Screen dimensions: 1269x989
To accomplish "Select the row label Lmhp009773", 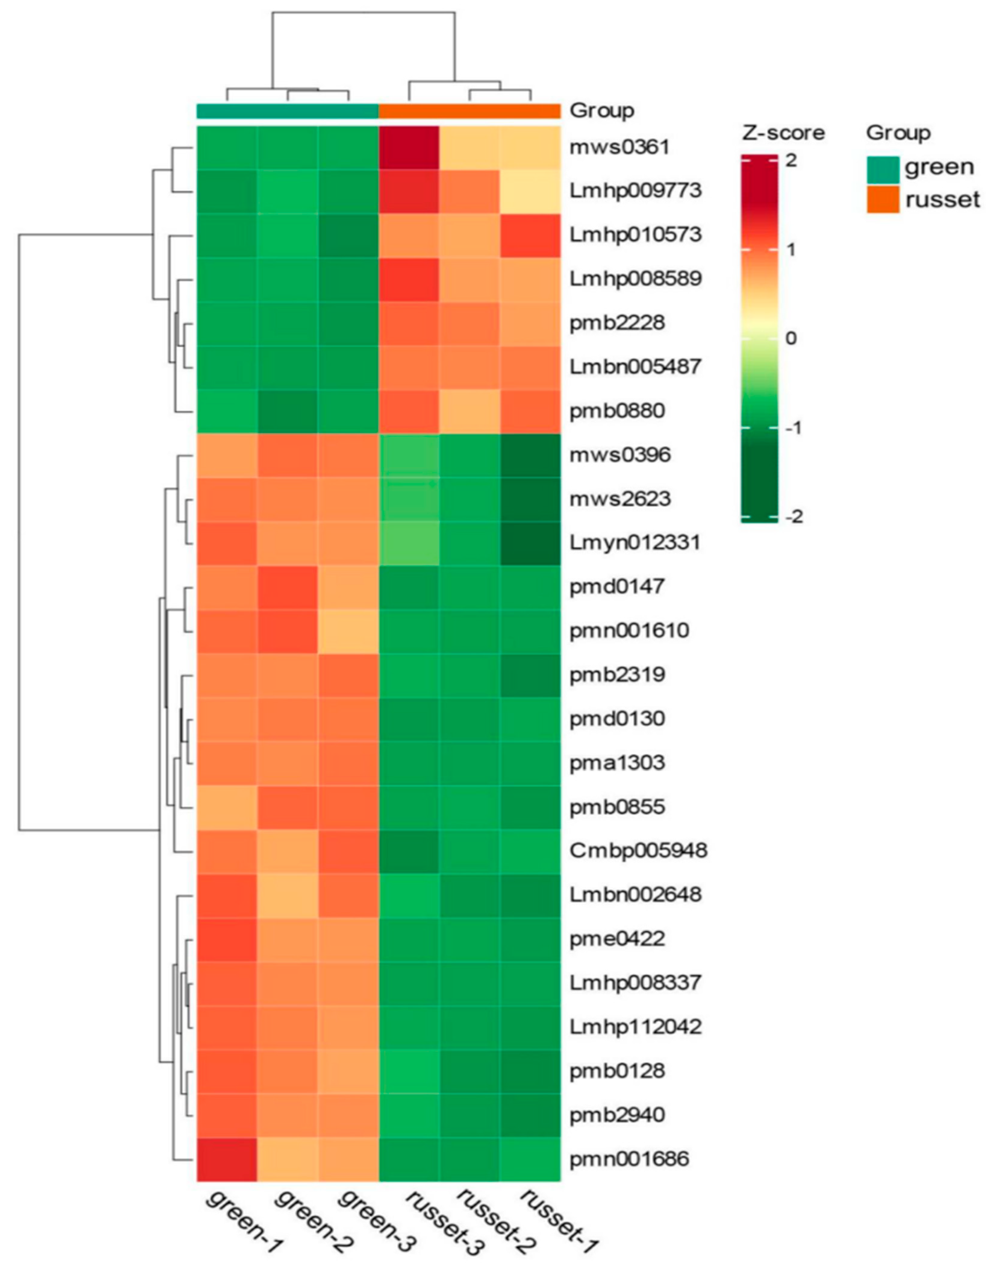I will pyautogui.click(x=635, y=190).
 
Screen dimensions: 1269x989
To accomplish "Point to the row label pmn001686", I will pyautogui.click(x=629, y=1159).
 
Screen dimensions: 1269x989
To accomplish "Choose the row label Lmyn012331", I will pyautogui.click(x=635, y=543).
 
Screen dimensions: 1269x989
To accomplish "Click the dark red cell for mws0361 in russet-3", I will pyautogui.click(x=408, y=148).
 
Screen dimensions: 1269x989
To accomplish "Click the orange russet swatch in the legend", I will pyautogui.click(x=883, y=199).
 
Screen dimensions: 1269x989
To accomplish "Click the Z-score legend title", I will pyautogui.click(x=783, y=133).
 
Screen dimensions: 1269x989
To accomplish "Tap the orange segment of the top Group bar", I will pyautogui.click(x=469, y=110).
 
